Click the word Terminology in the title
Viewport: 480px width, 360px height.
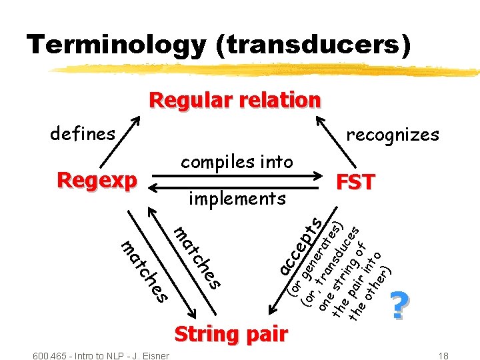(x=116, y=45)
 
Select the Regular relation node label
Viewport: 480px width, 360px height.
(x=235, y=100)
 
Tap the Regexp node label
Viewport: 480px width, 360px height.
(x=97, y=180)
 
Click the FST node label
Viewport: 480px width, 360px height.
(x=355, y=182)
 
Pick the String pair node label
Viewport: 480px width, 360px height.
(x=231, y=334)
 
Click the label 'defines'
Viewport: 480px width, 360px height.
(x=83, y=134)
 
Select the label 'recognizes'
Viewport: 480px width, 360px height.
(x=392, y=135)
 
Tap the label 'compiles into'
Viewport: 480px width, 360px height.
(x=237, y=162)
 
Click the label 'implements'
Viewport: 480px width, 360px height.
(x=237, y=198)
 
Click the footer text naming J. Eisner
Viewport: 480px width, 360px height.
(x=100, y=354)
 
